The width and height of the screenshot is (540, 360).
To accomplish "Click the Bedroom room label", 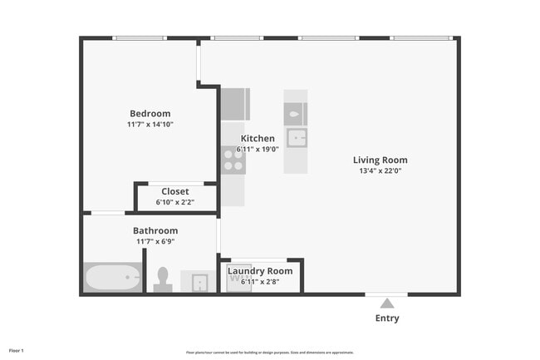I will pos(150,114).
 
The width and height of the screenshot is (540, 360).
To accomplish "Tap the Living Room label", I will pos(380,160).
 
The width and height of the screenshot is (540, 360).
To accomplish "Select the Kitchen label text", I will pos(258,139).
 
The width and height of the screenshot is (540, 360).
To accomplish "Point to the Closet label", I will pos(174,191).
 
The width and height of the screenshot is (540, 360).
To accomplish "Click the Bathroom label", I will pos(155,230).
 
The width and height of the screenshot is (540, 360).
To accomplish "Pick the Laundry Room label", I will pos(260,271).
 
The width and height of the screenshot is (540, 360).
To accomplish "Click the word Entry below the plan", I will pos(387,318).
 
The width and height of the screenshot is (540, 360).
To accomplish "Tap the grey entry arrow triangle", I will pos(387,303).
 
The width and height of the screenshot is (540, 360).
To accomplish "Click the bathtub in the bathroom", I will pos(112,277).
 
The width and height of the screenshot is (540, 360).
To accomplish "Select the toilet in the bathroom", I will pos(163,279).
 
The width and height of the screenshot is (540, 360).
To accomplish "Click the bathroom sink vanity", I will pos(199,283).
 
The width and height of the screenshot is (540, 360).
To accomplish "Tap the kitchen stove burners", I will pos(233,159).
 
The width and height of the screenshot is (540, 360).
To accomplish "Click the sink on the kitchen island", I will pos(296,137).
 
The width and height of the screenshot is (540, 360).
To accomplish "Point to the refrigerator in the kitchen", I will pos(234,105).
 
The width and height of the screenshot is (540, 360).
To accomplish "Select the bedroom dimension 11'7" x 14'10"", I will pos(150,125).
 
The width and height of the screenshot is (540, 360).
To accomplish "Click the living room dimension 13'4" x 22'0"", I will pos(380,171).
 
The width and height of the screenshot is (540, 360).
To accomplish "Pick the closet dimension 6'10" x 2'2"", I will pos(174,202).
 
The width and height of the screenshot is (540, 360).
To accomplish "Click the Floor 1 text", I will pos(17,351).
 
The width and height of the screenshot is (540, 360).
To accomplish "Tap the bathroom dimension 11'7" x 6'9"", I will pos(155,241).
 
